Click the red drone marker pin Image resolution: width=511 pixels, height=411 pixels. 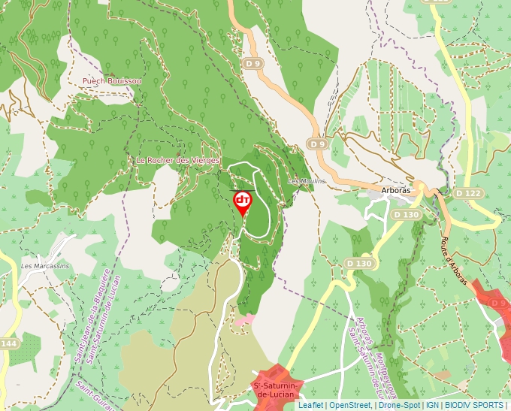click(242, 202)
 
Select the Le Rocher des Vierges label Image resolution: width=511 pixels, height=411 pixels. click(178, 160)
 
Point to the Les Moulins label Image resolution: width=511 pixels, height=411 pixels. click(307, 181)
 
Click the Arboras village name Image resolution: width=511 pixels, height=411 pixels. click(396, 190)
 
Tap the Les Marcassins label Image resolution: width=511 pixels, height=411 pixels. click(44, 265)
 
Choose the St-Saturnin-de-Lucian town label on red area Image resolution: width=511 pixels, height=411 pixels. click(277, 391)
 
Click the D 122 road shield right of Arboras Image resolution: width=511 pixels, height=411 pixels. click(468, 193)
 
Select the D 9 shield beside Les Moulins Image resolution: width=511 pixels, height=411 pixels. click(318, 144)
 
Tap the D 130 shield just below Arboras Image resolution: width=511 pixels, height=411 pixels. click(405, 215)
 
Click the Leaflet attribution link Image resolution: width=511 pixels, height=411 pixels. click(310, 405)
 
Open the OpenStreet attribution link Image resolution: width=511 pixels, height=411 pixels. click(349, 405)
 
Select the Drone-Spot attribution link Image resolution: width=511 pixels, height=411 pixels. click(398, 405)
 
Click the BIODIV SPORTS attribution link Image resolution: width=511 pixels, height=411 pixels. click(473, 405)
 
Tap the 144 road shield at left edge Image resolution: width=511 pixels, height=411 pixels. click(8, 343)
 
